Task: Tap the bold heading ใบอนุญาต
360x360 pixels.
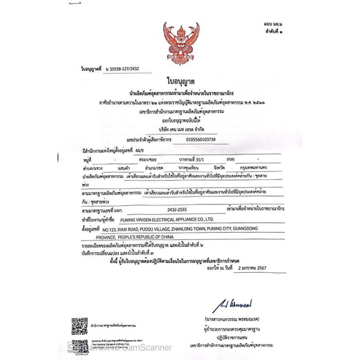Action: [x=180, y=82]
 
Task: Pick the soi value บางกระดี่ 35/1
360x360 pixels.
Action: [x=192, y=159]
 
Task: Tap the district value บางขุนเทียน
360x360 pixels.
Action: [x=192, y=168]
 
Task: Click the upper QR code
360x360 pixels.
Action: [x=80, y=326]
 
